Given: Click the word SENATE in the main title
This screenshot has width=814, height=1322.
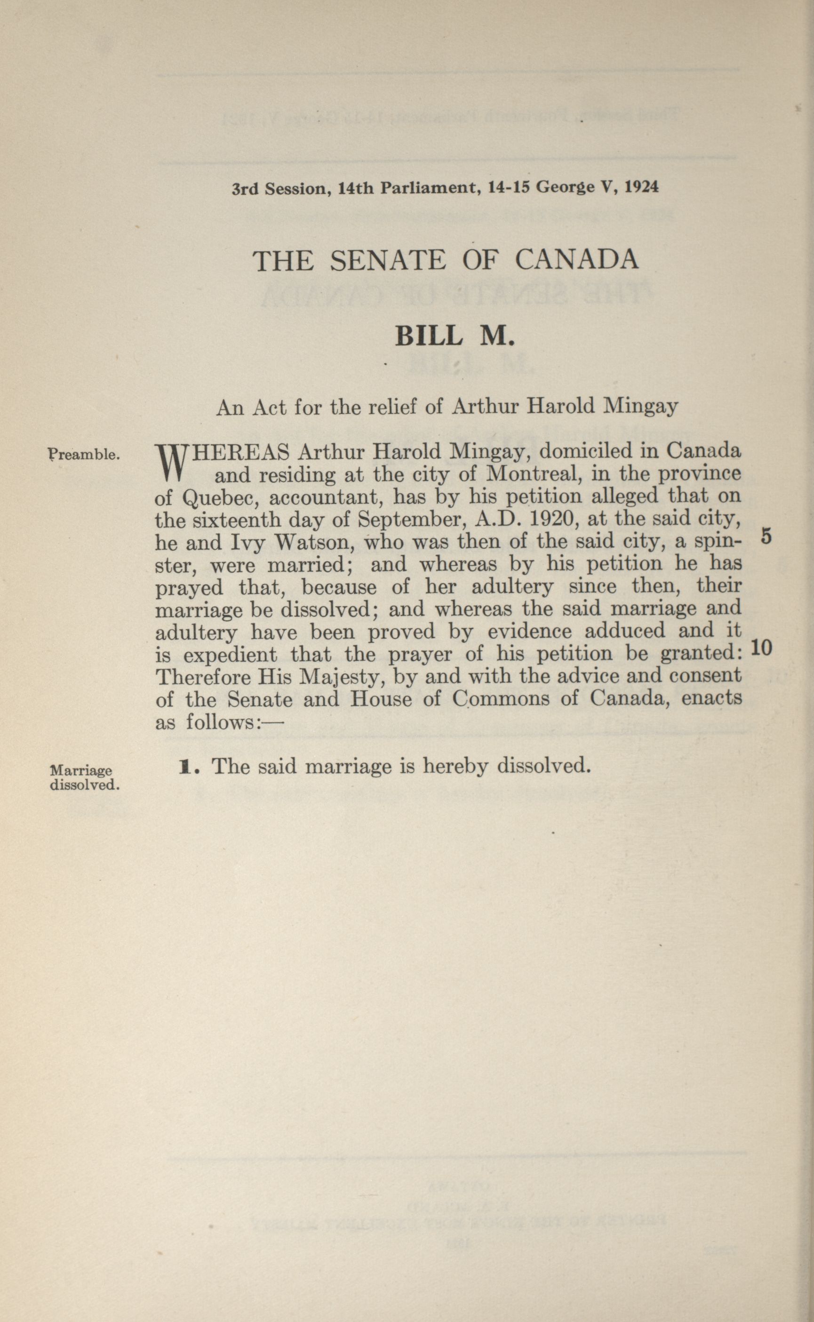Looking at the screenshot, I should [x=388, y=261].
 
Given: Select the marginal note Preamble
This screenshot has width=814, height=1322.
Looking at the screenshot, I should [x=83, y=455].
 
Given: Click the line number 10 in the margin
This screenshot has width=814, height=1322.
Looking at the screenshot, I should [x=761, y=648].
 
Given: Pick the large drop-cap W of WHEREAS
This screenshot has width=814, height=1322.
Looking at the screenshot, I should [x=173, y=463].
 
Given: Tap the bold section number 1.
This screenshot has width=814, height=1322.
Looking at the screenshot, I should [x=186, y=766].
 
